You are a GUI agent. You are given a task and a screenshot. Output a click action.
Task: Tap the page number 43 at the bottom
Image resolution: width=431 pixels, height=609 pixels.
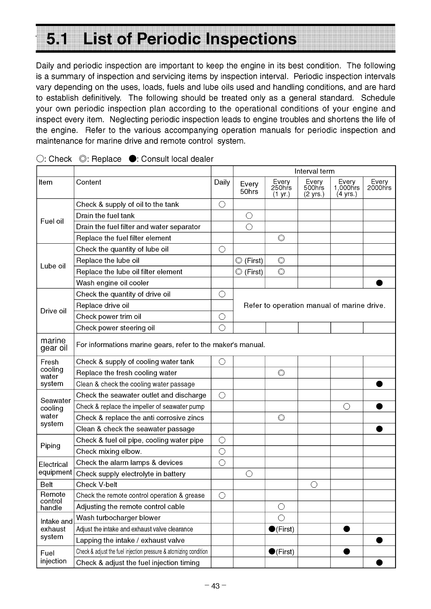pos(215,586)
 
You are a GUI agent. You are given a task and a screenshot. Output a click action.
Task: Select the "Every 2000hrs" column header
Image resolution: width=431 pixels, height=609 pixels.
pos(379,185)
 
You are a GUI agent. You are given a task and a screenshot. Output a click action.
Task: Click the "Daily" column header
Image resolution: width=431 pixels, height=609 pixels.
pos(222,182)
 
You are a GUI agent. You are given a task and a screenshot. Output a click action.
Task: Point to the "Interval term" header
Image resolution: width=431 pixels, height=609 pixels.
pos(314,171)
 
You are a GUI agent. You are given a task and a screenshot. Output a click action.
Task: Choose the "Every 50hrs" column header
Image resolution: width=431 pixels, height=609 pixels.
pos(249,187)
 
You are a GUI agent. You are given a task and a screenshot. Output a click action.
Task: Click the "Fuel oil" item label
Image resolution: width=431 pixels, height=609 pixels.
pos(52,221)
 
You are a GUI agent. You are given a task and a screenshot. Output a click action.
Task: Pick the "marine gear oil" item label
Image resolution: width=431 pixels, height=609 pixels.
pos(54,344)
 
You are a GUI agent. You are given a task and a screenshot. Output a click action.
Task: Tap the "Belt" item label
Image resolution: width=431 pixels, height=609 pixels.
pos(47,484)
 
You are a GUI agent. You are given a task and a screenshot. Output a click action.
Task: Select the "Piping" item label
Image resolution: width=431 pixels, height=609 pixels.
pos(51,446)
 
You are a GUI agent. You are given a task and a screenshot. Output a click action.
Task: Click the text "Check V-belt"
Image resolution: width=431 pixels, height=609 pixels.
pos(96,484)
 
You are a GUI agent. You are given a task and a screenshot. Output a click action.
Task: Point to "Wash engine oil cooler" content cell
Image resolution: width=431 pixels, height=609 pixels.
pos(112,283)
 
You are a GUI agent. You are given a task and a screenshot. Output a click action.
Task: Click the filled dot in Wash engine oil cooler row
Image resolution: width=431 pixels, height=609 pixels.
pos(379,283)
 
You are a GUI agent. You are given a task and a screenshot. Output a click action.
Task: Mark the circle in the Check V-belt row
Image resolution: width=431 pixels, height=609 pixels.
pos(314,484)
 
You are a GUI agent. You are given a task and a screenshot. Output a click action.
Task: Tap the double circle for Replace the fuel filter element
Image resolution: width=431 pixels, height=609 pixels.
pos(281,238)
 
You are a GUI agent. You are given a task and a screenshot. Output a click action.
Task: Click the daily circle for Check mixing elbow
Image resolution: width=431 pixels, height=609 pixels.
pos(222,452)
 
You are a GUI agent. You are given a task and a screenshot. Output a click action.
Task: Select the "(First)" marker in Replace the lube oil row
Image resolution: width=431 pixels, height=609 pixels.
pos(254,261)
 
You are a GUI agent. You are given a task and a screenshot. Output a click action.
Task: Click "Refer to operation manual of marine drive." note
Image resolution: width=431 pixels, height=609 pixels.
pos(314,305)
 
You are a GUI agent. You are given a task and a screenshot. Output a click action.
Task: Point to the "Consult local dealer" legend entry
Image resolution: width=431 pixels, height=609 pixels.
pos(172,159)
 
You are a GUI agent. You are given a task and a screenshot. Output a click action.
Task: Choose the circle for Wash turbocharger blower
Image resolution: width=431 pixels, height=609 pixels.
pos(281,518)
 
